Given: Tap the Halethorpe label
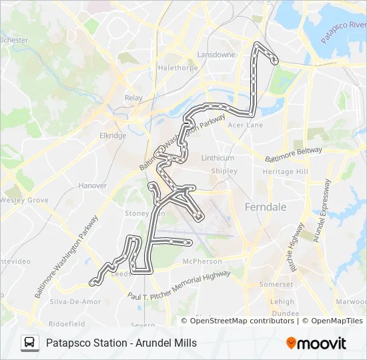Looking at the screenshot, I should tap(174, 68).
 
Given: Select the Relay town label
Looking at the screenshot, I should tap(133, 98).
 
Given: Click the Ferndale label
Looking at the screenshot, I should tap(266, 207).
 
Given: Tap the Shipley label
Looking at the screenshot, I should tap(224, 171).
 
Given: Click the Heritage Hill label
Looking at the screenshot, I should tap(285, 171).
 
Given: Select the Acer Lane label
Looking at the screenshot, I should tap(245, 125).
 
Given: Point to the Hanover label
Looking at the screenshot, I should tap(92, 186).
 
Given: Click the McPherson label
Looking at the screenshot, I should tap(202, 261).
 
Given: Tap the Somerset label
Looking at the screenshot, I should tap(276, 284).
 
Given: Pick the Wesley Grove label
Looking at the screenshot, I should tap(24, 200).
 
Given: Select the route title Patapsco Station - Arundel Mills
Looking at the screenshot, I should tap(121, 343).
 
